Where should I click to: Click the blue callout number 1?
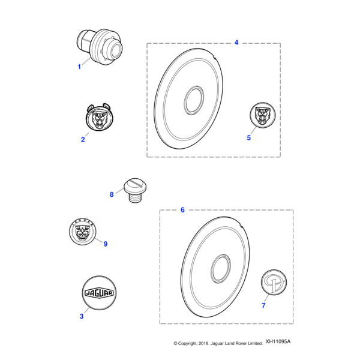79,67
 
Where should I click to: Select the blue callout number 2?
83,139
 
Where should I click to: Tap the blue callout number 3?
82,316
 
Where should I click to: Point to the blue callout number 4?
236,43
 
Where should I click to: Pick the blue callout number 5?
249,138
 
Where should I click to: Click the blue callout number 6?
182,210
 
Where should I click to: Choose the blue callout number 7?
263,305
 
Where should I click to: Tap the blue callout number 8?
112,194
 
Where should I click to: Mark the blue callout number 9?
106,244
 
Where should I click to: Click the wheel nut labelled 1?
100,47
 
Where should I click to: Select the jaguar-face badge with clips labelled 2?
99,117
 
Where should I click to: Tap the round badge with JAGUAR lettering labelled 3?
99,293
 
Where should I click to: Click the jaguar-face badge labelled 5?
263,115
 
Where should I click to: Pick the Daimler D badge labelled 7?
274,283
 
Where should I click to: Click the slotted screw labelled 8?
135,190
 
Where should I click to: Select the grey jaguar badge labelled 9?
83,232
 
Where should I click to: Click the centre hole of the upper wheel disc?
194,100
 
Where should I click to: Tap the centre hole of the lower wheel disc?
221,268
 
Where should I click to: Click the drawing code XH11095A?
278,341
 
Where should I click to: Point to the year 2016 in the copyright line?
203,343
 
